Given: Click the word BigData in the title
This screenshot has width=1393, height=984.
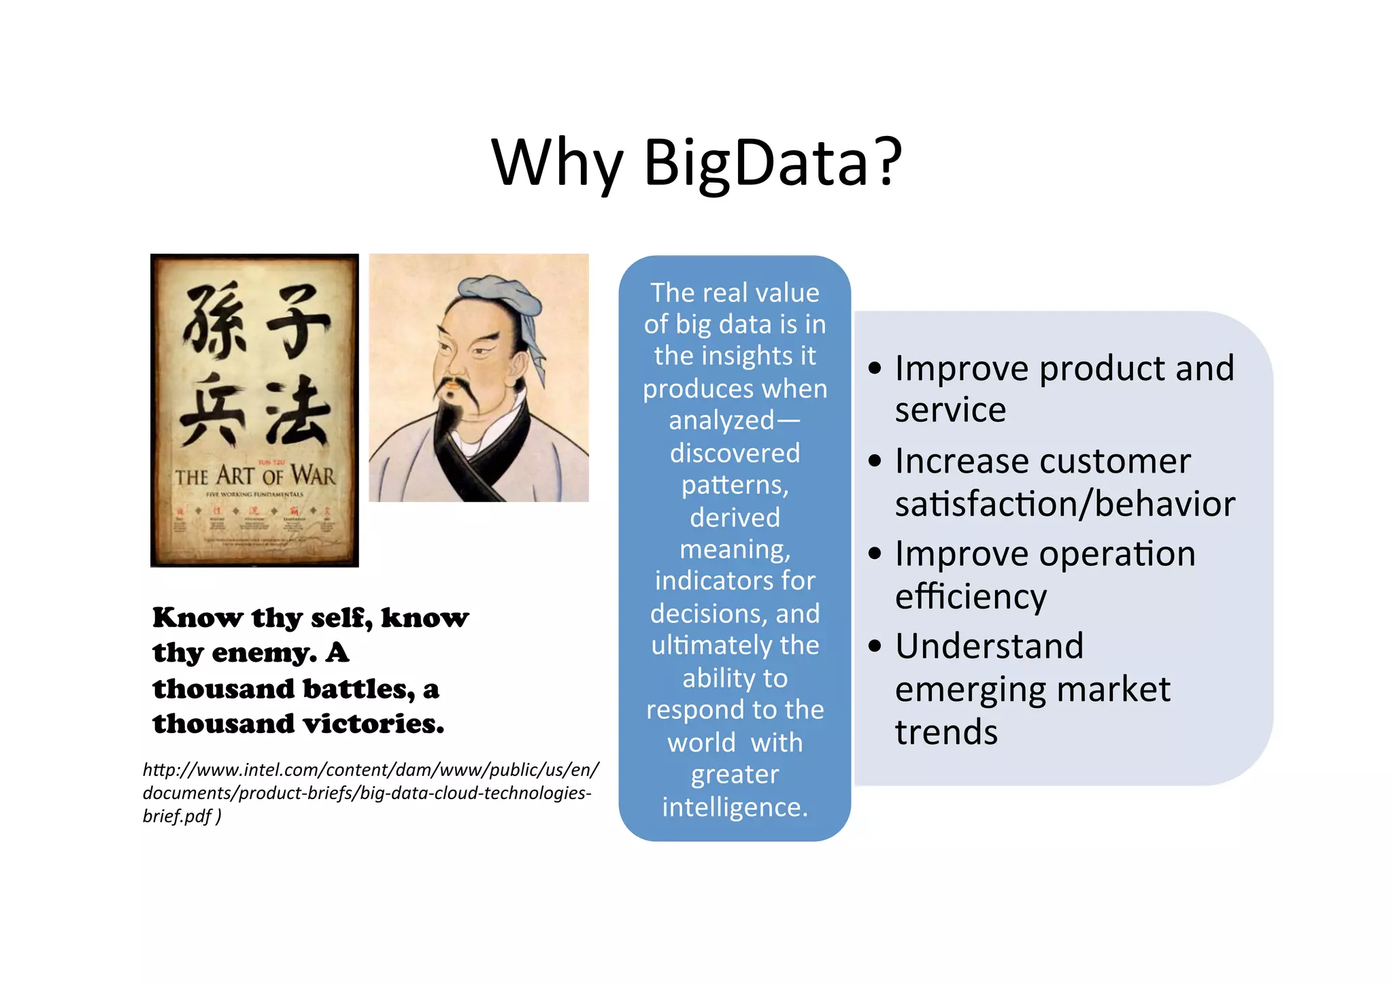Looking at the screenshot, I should click(755, 163).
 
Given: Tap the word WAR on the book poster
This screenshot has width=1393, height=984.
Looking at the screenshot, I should click(313, 475).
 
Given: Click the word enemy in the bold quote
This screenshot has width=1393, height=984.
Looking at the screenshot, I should click(264, 653).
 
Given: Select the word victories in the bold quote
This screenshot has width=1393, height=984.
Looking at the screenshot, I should click(373, 724).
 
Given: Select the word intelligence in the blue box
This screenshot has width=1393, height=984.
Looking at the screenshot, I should click(735, 807).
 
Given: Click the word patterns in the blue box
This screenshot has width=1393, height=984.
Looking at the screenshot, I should click(735, 486).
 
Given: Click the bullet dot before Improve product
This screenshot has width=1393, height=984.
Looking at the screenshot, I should click(875, 369).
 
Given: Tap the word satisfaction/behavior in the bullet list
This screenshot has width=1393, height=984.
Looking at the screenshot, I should click(1064, 505).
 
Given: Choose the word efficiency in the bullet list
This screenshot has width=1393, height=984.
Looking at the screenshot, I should click(971, 597).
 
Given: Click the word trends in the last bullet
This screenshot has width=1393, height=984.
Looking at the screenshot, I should click(946, 732).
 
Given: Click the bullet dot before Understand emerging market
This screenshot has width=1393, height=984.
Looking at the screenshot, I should click(875, 646).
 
